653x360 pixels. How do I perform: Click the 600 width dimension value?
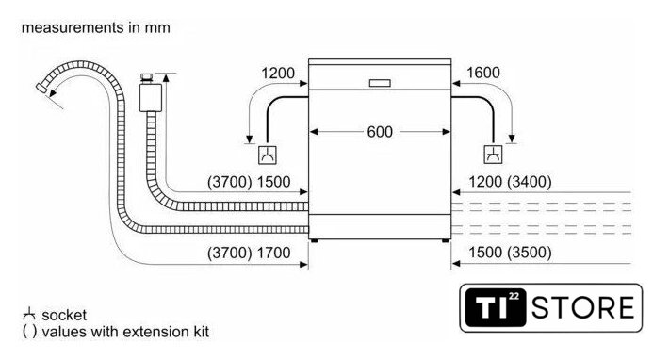pos(380,132)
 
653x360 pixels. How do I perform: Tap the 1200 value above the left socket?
pos(278,74)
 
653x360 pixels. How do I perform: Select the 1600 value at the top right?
pos(483,73)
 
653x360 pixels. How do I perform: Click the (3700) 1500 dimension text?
pos(249,182)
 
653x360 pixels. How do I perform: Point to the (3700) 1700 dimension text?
pos(249,253)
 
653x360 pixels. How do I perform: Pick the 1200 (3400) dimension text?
pos(510,182)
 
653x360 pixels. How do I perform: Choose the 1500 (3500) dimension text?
pos(510,253)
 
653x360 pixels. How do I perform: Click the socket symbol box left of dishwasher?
pos(268,155)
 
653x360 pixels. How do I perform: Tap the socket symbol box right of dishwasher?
pos(493,155)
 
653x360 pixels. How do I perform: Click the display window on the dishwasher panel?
pos(380,83)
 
